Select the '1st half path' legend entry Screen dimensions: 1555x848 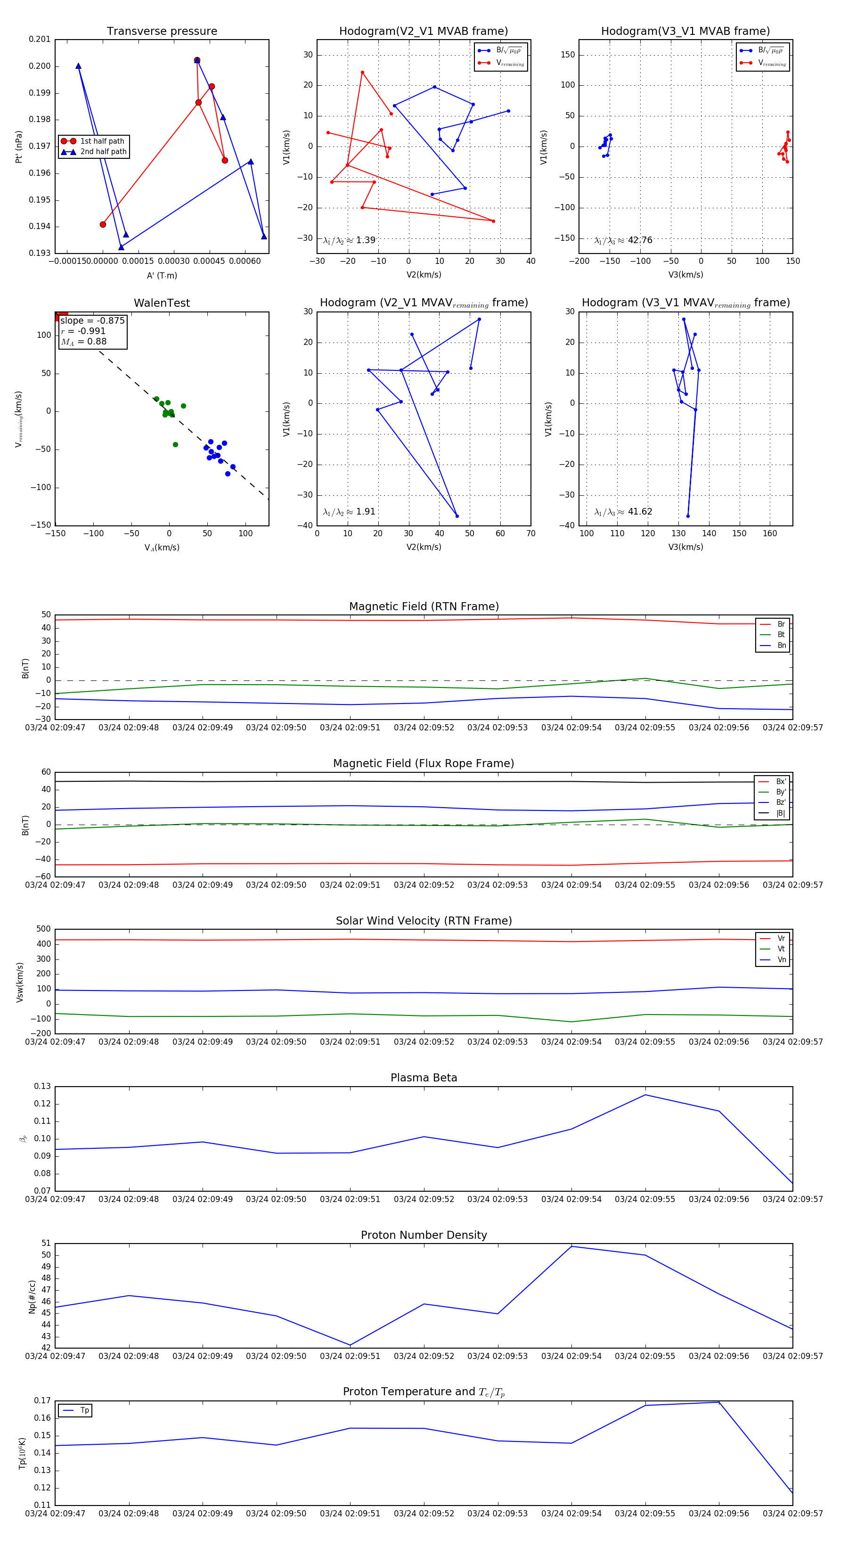(x=101, y=141)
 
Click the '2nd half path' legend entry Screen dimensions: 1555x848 (x=103, y=152)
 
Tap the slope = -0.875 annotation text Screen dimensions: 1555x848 (x=92, y=320)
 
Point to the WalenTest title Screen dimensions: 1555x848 (x=162, y=303)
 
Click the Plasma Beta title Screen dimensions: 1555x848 (x=424, y=1078)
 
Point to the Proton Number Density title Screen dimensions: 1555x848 (x=424, y=1235)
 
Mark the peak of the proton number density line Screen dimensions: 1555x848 (x=571, y=1246)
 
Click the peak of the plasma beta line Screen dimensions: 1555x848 (x=645, y=1095)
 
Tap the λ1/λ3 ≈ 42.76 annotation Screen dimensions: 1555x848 (x=623, y=240)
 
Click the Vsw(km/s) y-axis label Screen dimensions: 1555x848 (x=20, y=982)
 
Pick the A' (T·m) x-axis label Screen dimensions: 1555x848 (x=162, y=275)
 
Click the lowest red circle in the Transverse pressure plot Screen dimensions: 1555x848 (x=103, y=225)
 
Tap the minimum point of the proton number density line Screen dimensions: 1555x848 (x=350, y=1345)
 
